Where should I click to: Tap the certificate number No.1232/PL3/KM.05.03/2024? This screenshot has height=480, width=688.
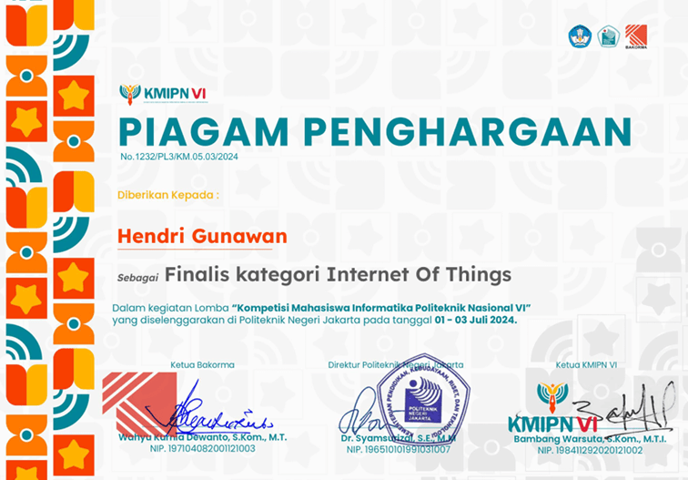tap(178, 157)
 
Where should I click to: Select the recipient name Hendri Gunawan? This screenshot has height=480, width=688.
tap(202, 236)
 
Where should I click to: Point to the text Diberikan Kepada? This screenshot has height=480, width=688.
tap(168, 195)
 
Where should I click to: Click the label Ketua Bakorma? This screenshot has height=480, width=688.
tap(202, 365)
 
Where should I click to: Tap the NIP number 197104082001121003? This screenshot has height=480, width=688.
tap(202, 450)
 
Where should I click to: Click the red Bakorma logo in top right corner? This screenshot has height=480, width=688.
tap(636, 36)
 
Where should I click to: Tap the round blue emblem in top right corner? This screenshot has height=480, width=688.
tap(580, 36)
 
